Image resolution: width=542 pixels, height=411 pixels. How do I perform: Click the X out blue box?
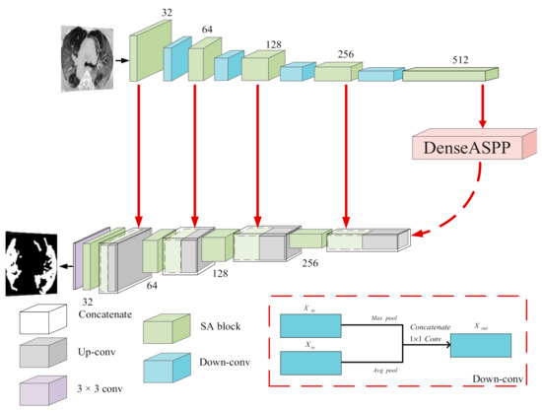[481, 346]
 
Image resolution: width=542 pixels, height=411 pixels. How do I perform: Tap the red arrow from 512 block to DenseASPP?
[483, 103]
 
